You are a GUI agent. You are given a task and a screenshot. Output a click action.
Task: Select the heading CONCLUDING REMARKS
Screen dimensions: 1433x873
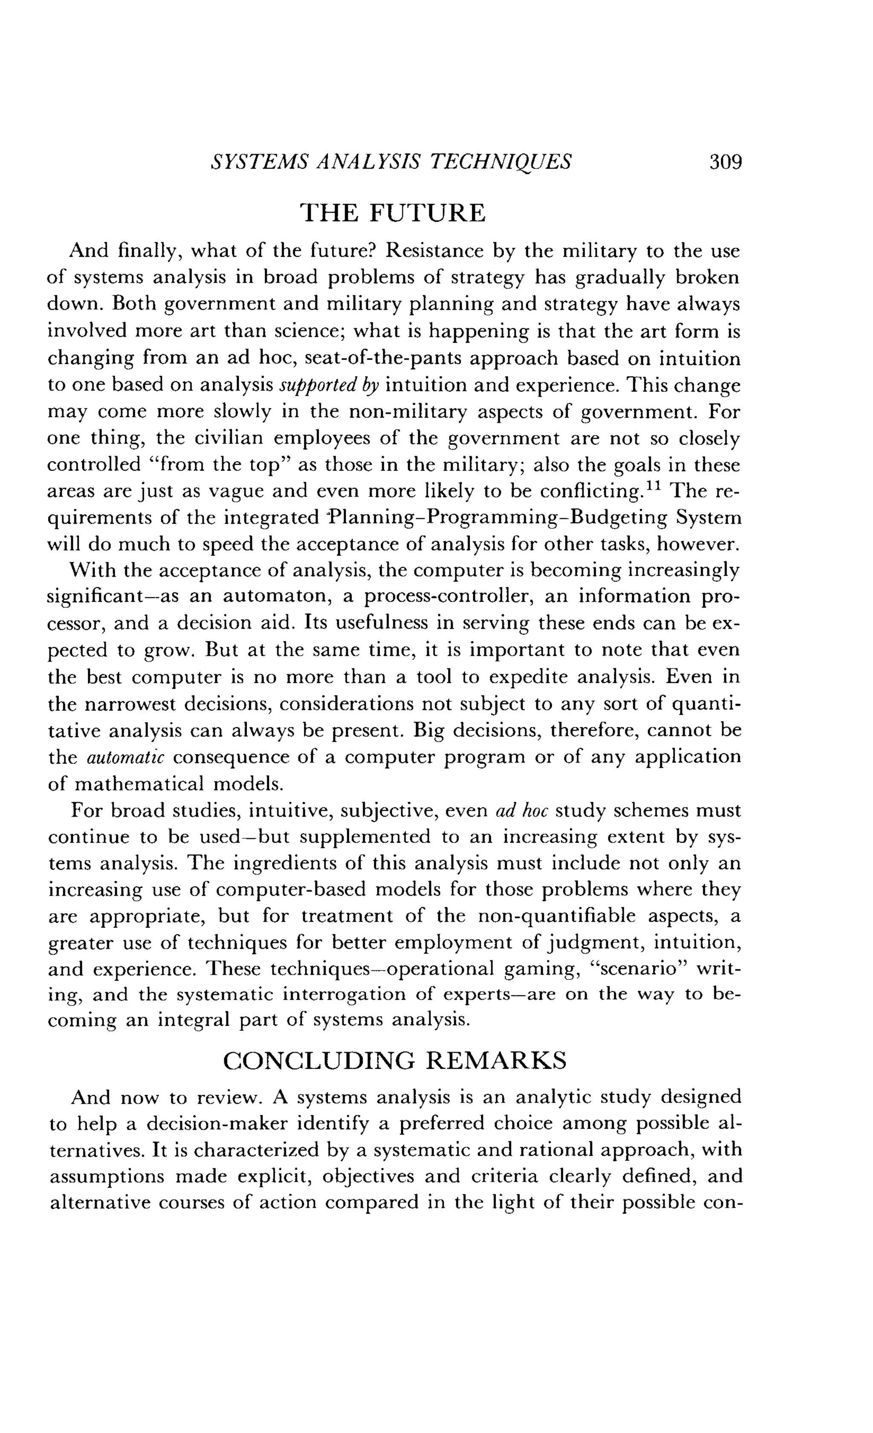pos(395,1060)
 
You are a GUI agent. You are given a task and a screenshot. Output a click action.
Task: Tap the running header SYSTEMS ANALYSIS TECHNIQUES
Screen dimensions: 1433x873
pos(390,161)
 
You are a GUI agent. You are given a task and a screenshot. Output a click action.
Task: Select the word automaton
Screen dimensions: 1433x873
pos(277,597)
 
